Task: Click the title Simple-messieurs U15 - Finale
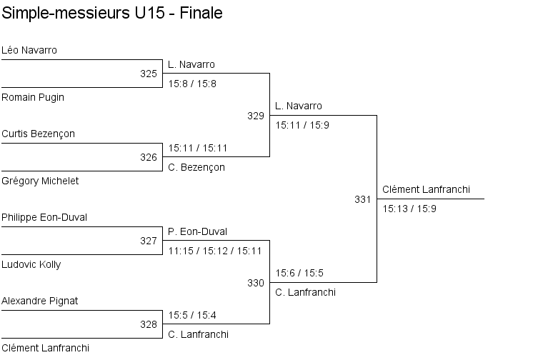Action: click(111, 13)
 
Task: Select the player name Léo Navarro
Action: click(29, 50)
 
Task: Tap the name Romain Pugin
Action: click(33, 97)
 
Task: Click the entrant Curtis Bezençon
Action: click(38, 134)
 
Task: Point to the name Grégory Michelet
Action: click(40, 181)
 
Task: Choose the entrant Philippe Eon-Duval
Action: click(44, 217)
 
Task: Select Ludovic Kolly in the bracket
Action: click(31, 264)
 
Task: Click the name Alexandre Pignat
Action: click(40, 301)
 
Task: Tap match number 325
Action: click(149, 74)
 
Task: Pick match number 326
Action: click(149, 157)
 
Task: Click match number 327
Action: click(149, 241)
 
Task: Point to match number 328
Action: click(149, 324)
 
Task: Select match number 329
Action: click(256, 115)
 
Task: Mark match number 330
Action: click(256, 283)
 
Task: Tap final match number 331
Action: click(363, 199)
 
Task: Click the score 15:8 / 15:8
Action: click(192, 84)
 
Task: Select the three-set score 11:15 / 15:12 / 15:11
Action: click(215, 251)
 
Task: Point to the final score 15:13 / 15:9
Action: click(409, 209)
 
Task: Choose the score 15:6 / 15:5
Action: click(299, 273)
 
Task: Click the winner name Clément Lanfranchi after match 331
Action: click(425, 189)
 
